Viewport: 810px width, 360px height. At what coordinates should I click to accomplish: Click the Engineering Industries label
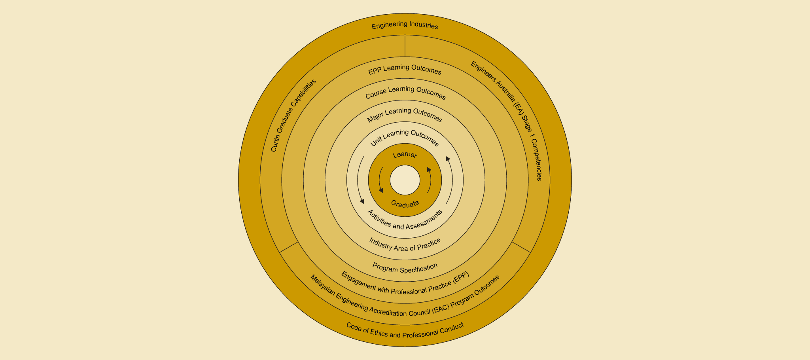pos(405,26)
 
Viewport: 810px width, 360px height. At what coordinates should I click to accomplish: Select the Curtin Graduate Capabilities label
pos(293,115)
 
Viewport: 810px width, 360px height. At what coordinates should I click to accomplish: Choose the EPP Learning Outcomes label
pos(405,69)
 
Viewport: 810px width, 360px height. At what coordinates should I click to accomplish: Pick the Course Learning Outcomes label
pos(405,93)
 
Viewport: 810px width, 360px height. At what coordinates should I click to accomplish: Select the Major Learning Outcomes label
pos(405,115)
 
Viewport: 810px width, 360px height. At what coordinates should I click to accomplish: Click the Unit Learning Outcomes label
pos(405,137)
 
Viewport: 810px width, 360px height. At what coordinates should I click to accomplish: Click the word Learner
pos(405,155)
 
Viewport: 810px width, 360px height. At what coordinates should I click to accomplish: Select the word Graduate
pos(405,204)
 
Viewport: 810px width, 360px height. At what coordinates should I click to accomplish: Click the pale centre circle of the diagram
pos(405,180)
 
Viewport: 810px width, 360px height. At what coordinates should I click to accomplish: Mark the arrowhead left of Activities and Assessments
pos(362,201)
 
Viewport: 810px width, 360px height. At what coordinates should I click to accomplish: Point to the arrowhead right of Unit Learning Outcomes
pos(448,159)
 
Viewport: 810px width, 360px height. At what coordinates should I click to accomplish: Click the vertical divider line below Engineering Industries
pos(405,46)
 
